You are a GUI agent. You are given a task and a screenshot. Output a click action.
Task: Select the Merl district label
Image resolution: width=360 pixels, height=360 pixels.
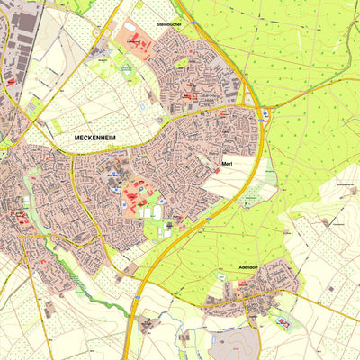click(x=228, y=164)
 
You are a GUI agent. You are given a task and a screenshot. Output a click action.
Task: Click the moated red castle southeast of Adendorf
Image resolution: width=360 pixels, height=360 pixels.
click(x=284, y=321)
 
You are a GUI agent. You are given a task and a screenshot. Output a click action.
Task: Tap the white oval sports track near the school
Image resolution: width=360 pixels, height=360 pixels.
click(x=158, y=212)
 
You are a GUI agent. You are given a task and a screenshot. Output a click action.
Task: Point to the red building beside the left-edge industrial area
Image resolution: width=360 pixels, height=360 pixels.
click(x=11, y=82)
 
